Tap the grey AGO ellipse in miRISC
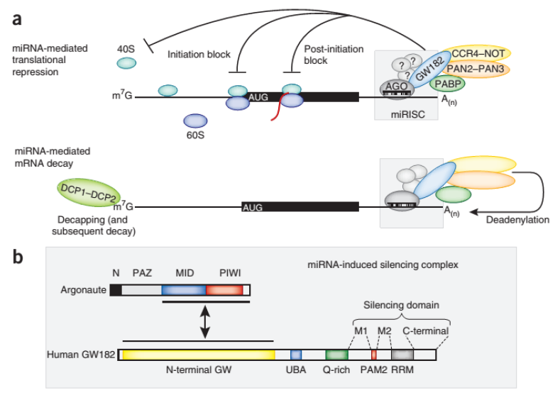tap(398, 86)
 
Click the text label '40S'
tap(126, 48)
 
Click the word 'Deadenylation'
tap(517, 221)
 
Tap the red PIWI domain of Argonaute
tap(224, 290)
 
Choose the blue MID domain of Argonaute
tap(183, 290)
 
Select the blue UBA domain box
tap(296, 353)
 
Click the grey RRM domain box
tap(402, 353)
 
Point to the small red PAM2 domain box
tap(374, 353)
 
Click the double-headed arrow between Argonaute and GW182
tap(205, 322)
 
